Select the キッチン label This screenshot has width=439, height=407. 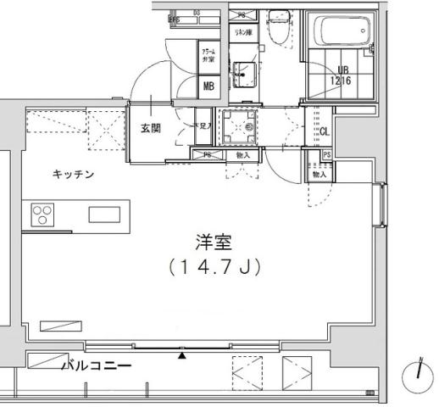[x=74, y=175]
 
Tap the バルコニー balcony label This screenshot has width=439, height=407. [x=97, y=366]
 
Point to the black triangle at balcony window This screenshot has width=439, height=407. [x=181, y=355]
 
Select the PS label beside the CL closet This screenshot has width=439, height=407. [x=327, y=153]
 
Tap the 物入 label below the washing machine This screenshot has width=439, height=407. [x=243, y=155]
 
